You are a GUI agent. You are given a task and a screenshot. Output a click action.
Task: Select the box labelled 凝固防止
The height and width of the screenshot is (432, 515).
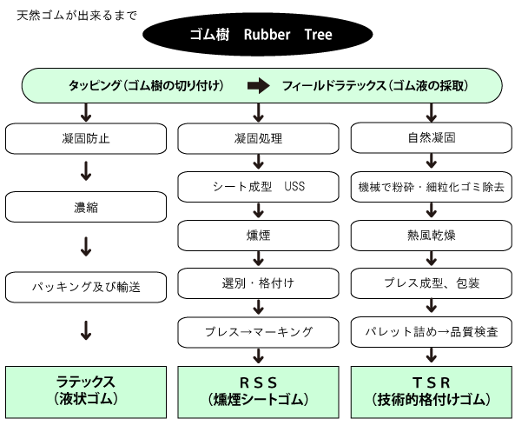(86, 137)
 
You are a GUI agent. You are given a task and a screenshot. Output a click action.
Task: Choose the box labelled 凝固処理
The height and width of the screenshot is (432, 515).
(258, 137)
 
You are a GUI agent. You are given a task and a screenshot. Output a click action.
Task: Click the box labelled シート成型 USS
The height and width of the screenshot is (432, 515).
(258, 185)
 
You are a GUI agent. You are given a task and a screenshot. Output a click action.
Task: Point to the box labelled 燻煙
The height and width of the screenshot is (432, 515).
(258, 234)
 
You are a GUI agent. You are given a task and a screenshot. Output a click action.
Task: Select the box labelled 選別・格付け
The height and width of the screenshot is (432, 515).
(258, 282)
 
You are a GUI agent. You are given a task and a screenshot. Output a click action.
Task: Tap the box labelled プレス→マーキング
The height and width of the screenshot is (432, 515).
(258, 331)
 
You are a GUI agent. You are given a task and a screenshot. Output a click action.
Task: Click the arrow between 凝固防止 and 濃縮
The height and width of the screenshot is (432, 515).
(86, 173)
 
